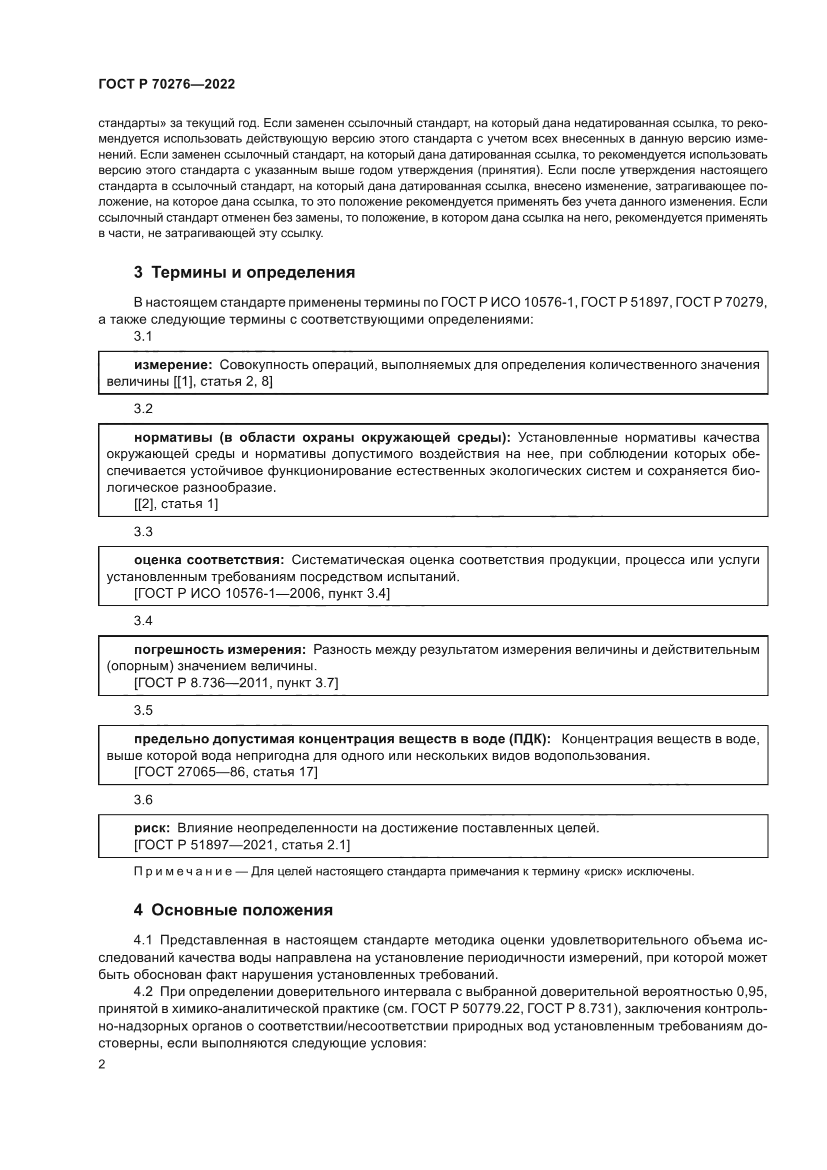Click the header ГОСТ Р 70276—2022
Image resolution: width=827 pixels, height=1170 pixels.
[166, 85]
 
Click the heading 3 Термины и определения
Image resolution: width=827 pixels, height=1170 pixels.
[244, 272]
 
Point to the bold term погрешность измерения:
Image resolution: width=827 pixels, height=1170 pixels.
[219, 649]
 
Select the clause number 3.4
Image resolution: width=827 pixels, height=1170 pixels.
[143, 621]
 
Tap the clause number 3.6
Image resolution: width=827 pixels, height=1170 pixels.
[143, 799]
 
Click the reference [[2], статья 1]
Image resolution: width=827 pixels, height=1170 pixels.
[175, 504]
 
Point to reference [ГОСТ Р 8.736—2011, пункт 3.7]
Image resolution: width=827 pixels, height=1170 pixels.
[236, 683]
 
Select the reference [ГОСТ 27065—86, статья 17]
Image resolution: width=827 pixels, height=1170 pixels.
[225, 772]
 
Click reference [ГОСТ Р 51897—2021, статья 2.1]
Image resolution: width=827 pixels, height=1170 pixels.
[242, 845]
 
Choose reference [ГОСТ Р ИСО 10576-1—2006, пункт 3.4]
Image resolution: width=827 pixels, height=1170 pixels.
[261, 593]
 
